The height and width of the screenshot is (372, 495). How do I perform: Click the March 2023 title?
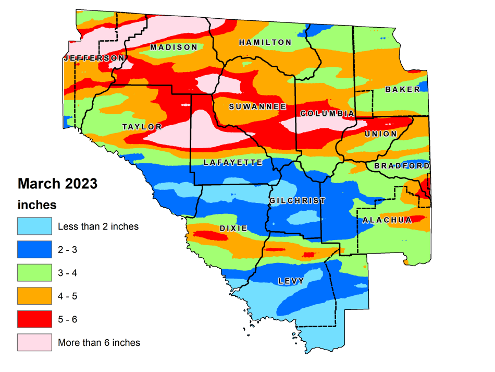(57, 184)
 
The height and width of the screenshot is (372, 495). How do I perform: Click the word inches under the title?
(37, 204)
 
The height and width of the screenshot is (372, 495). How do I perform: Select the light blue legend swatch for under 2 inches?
(34, 226)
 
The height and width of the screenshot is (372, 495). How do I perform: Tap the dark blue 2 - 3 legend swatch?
(34, 249)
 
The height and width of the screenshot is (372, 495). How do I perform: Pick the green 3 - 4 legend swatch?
(34, 272)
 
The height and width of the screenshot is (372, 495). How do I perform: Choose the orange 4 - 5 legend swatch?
(34, 296)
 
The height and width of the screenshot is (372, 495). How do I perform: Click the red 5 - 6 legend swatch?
(34, 319)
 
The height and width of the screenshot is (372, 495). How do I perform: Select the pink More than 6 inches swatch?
(34, 342)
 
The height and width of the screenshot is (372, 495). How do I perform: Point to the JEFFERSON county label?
(94, 58)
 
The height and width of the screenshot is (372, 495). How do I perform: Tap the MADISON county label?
(174, 47)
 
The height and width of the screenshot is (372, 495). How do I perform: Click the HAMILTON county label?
(265, 42)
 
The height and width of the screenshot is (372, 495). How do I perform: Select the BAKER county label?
(402, 89)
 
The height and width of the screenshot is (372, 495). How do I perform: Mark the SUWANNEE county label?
(258, 106)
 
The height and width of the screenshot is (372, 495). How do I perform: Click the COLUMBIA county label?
(327, 113)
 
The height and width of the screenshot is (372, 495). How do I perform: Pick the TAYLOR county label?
(142, 126)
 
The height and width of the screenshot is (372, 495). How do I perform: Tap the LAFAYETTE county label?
(233, 162)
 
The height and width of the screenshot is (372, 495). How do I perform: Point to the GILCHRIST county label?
(297, 200)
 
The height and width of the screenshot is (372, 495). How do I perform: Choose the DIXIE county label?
(233, 229)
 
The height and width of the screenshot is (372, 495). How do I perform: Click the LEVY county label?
(291, 281)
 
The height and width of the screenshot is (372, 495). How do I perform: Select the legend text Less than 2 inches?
(98, 226)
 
